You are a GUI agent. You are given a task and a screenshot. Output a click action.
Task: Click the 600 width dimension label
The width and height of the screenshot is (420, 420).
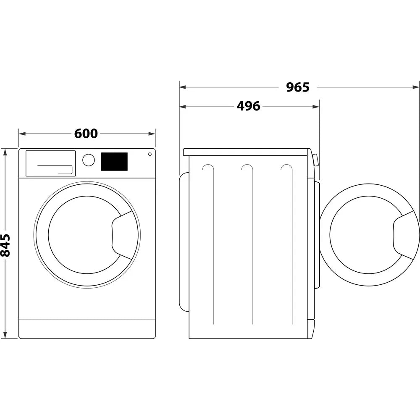[86, 134]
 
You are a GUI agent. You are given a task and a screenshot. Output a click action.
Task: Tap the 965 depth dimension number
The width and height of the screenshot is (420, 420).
[298, 87]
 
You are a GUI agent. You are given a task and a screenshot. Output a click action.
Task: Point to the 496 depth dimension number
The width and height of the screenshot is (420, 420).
[248, 107]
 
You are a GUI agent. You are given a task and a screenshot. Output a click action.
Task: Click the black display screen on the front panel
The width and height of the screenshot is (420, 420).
[114, 162]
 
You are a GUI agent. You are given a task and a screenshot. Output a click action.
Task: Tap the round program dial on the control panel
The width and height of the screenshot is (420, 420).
[89, 160]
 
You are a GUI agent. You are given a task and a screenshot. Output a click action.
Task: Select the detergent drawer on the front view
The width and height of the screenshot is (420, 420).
[50, 163]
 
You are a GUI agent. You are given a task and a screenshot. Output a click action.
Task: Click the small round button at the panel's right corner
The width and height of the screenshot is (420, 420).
[150, 154]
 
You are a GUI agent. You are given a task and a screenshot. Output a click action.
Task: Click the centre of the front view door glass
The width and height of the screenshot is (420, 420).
[82, 235]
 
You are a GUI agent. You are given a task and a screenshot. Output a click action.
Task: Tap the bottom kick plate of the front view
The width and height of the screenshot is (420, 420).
[87, 328]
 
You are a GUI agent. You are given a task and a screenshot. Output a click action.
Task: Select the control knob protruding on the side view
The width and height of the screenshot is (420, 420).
[315, 160]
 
